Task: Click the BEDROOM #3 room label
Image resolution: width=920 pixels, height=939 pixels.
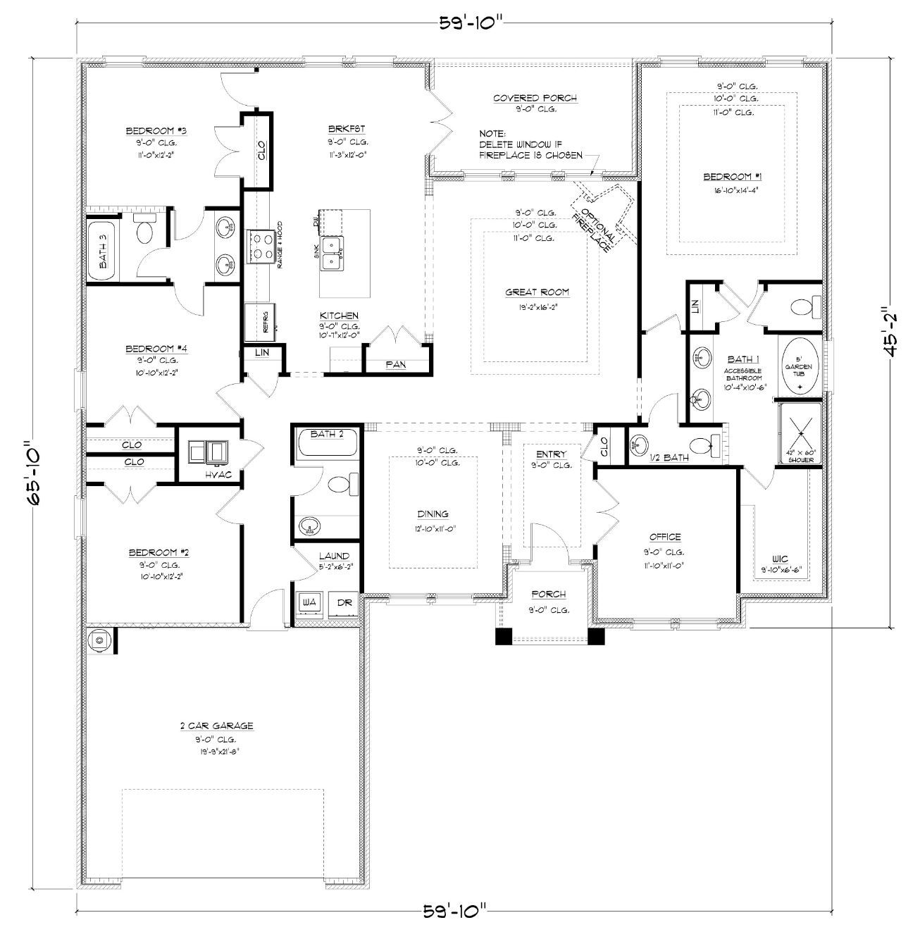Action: point(146,131)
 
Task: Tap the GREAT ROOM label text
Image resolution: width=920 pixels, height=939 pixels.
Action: point(537,292)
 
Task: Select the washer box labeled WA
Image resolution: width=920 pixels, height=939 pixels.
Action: point(309,602)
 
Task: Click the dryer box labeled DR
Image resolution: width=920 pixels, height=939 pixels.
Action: point(344,602)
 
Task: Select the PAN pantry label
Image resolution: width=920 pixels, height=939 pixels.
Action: point(394,364)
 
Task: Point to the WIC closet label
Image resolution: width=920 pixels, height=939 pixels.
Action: point(781,558)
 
